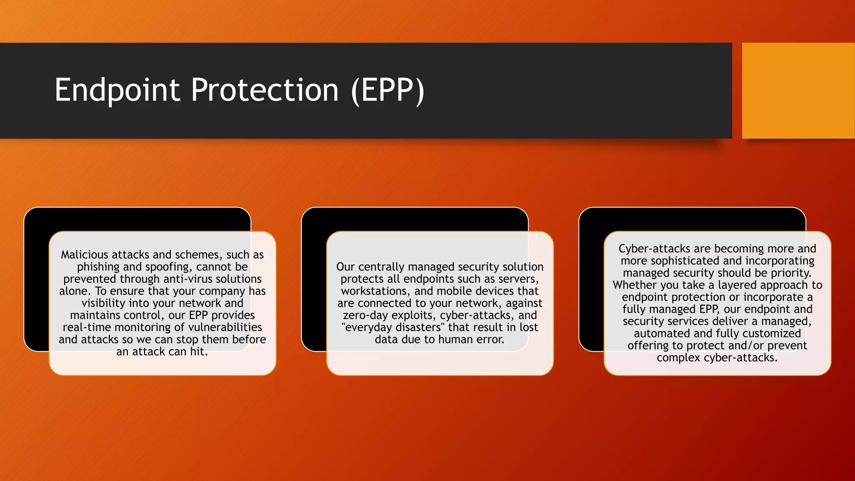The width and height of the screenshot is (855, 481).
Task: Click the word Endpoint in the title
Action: pos(117,90)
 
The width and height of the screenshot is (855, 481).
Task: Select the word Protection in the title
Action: pos(265,90)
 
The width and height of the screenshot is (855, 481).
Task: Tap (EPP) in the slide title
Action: pos(388,90)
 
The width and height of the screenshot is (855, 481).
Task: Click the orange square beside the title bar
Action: pos(798,90)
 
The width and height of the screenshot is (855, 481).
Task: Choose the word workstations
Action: pos(375,291)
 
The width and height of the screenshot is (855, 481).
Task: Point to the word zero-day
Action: pos(365,315)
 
